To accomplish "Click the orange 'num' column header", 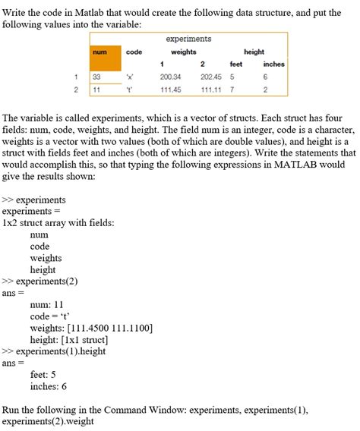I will (99, 52).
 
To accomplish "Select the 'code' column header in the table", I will (134, 52).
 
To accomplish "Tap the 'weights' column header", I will (184, 52).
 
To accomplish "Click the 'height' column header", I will (254, 52).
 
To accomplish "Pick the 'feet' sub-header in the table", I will (236, 64).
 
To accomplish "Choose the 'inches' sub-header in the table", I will (273, 64).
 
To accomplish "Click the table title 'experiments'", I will (188, 39).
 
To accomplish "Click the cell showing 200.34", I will (170, 77).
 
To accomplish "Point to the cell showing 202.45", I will (210, 77).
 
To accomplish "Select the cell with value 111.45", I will (170, 89).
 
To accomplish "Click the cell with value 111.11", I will (210, 89).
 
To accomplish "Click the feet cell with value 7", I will (232, 89).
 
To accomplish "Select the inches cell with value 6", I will (265, 77).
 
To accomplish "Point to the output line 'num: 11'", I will (47, 304).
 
